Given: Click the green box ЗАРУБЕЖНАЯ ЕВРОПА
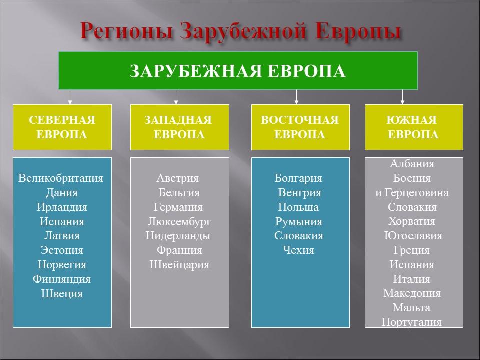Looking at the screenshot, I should pyautogui.click(x=238, y=70).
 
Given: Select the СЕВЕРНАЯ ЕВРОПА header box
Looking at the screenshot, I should pyautogui.click(x=62, y=127).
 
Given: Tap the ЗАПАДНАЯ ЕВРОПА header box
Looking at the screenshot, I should pyautogui.click(x=179, y=127).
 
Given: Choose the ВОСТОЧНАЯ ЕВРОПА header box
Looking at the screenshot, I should pyautogui.click(x=300, y=127).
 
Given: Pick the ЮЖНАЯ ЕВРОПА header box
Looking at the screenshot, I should pyautogui.click(x=413, y=127).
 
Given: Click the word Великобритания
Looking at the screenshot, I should pyautogui.click(x=61, y=178).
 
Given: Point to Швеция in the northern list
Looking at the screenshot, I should pyautogui.click(x=62, y=294).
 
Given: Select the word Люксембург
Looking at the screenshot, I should pyautogui.click(x=179, y=221).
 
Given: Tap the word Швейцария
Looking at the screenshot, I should pyautogui.click(x=179, y=265).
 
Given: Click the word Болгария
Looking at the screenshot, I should pyautogui.click(x=298, y=178).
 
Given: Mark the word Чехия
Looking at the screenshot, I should pyautogui.click(x=298, y=250).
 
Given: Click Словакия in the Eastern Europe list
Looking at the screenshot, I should pyautogui.click(x=298, y=236).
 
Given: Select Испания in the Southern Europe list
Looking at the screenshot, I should pyautogui.click(x=412, y=265).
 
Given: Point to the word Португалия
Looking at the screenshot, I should pyautogui.click(x=412, y=322).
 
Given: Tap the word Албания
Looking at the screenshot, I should pyautogui.click(x=412, y=164).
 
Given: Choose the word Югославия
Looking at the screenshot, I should pyautogui.click(x=413, y=236).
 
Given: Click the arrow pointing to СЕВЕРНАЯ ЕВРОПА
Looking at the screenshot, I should pyautogui.click(x=70, y=97).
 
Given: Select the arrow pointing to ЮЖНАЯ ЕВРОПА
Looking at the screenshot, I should pyautogui.click(x=403, y=97).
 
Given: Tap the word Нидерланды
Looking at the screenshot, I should pyautogui.click(x=178, y=236).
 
